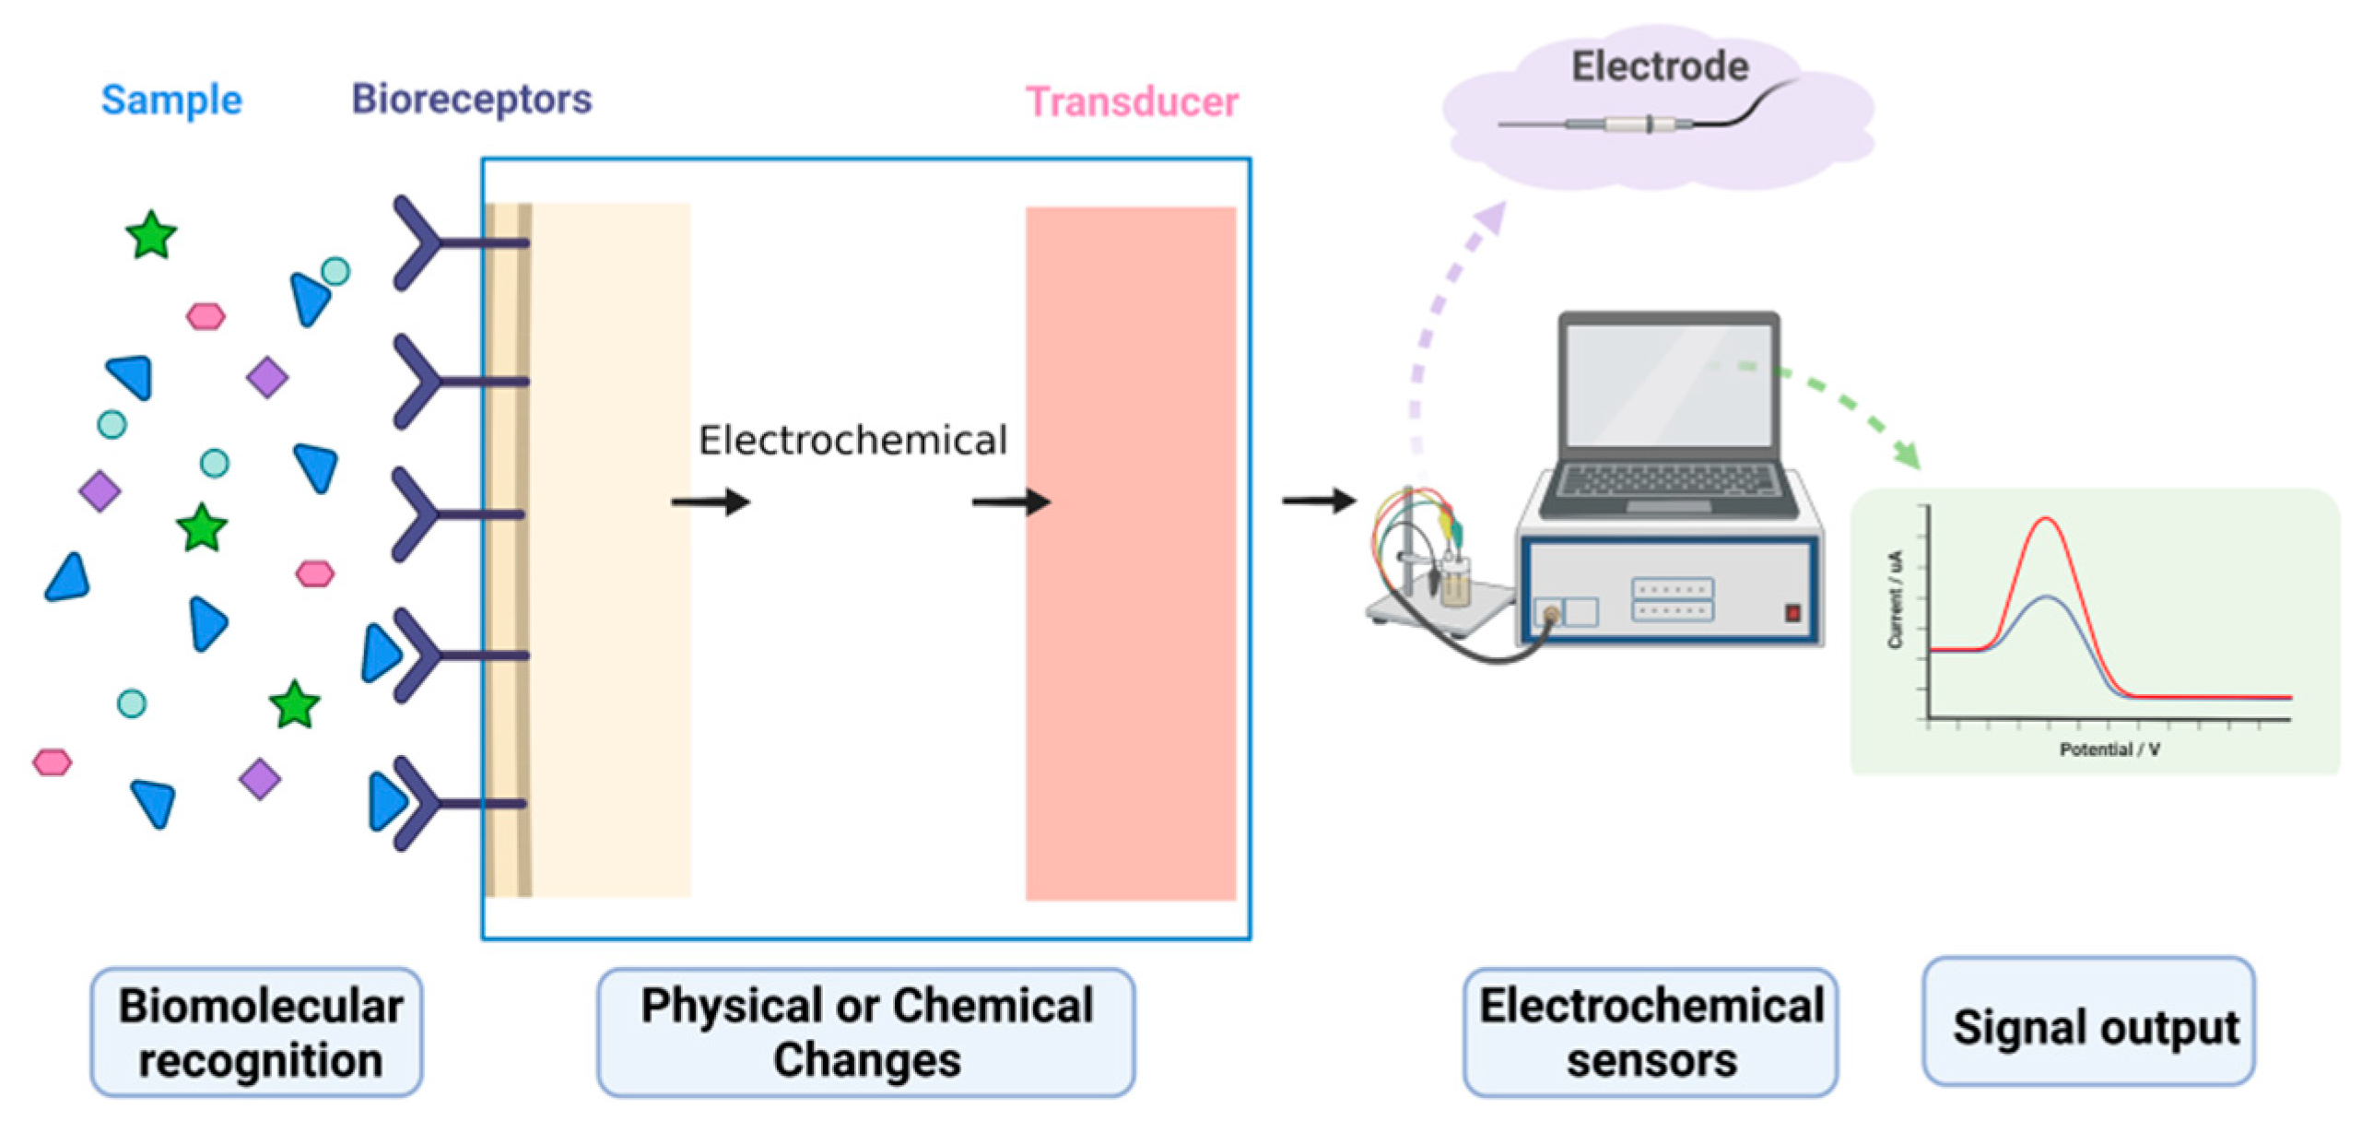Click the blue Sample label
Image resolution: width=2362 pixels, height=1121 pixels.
(x=171, y=100)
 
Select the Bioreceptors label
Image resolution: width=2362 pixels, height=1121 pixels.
(x=471, y=100)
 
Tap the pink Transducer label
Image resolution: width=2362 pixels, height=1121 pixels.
(x=1132, y=102)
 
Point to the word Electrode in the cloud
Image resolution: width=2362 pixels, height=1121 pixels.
(x=1660, y=66)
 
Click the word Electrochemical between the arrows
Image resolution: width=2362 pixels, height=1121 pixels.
(x=852, y=441)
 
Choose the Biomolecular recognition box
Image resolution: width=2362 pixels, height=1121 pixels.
(x=257, y=1032)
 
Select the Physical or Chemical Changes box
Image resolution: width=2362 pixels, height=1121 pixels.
(x=865, y=1032)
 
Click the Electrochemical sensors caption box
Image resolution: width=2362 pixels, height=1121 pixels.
(x=1651, y=1032)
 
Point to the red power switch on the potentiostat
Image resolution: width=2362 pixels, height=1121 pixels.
(x=1792, y=612)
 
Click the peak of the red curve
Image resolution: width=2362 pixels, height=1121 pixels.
(x=2046, y=519)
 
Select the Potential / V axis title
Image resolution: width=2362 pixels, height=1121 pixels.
(x=2109, y=750)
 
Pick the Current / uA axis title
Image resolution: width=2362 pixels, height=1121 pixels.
(x=1895, y=599)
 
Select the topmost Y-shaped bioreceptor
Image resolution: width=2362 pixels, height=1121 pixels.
(x=442, y=243)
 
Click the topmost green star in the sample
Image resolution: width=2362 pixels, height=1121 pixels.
(x=151, y=235)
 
